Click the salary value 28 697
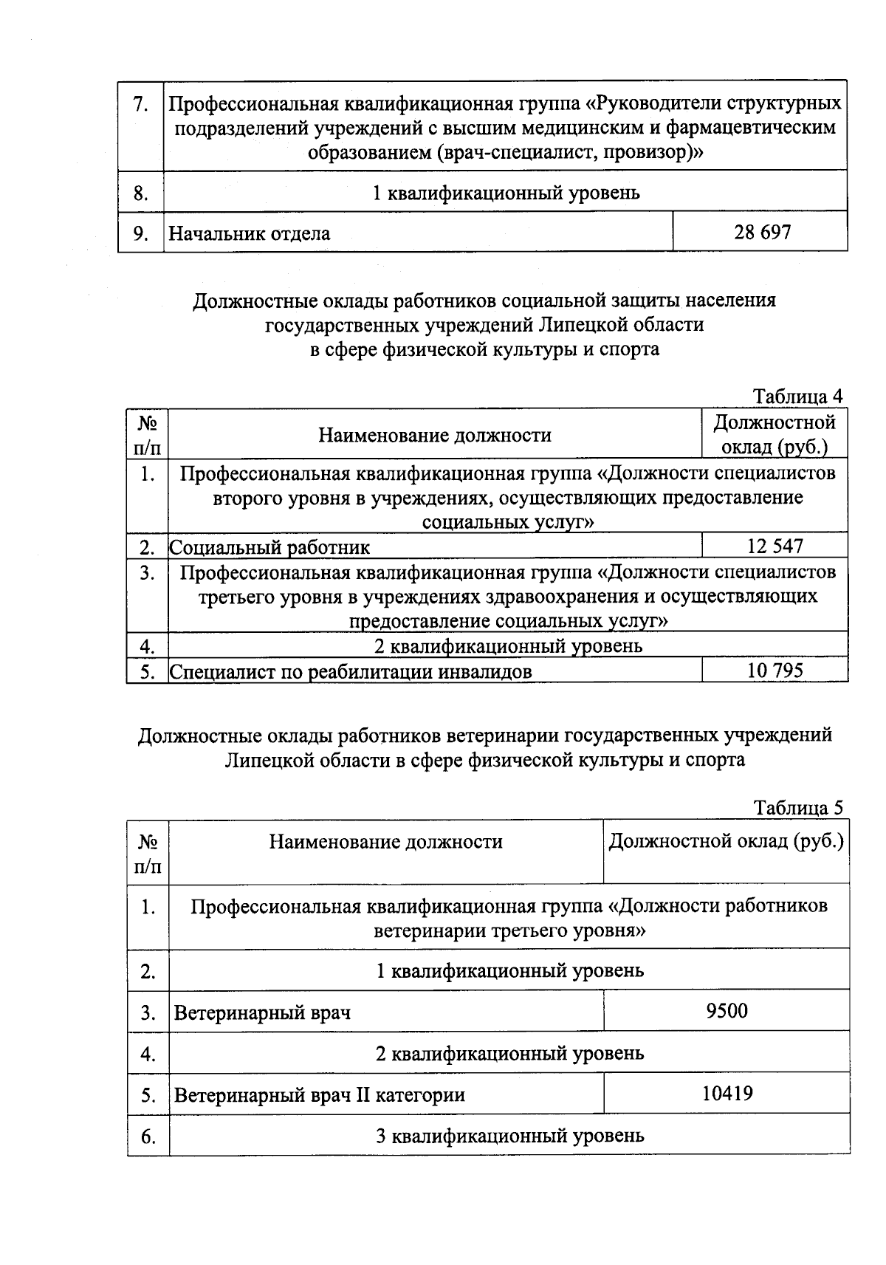pyautogui.click(x=762, y=233)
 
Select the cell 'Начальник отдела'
pyautogui.click(x=250, y=234)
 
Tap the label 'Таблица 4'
pyautogui.click(x=797, y=397)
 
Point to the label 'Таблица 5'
pyautogui.click(x=797, y=807)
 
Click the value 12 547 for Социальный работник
pyautogui.click(x=775, y=546)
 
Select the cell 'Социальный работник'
pyautogui.click(x=270, y=547)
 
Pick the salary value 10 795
pyautogui.click(x=775, y=671)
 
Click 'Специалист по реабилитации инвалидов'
pyautogui.click(x=351, y=671)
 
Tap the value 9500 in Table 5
pyautogui.click(x=727, y=1011)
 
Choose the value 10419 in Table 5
pyautogui.click(x=727, y=1093)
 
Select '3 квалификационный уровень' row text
pyautogui.click(x=509, y=1135)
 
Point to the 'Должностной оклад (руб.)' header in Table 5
pyautogui.click(x=726, y=841)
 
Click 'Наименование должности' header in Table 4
pyautogui.click(x=435, y=435)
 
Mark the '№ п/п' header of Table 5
pyautogui.click(x=148, y=853)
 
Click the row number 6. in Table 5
pyautogui.click(x=148, y=1136)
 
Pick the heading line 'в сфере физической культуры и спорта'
pyautogui.click(x=484, y=349)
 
